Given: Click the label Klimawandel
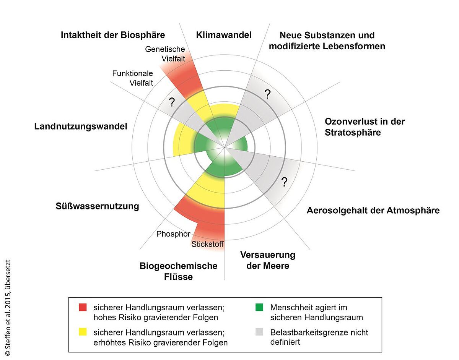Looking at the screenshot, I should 224,35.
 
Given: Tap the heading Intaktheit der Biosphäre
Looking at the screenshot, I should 113,35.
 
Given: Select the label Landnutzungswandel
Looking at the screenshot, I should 81,126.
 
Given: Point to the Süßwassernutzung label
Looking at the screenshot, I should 97,206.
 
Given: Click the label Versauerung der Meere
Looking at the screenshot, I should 268,260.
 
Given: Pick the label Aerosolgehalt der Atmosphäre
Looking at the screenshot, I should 373,211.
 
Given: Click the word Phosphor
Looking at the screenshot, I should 173,234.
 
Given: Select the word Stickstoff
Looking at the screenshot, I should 208,244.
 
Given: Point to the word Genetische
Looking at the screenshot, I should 165,49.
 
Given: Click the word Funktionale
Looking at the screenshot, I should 133,73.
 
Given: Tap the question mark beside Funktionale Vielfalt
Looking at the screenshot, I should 172,102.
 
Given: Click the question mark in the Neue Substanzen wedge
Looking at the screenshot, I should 267,94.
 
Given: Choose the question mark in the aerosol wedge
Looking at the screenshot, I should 284,182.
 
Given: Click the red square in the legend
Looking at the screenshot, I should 83,307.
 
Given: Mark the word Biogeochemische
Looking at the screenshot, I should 178,266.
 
